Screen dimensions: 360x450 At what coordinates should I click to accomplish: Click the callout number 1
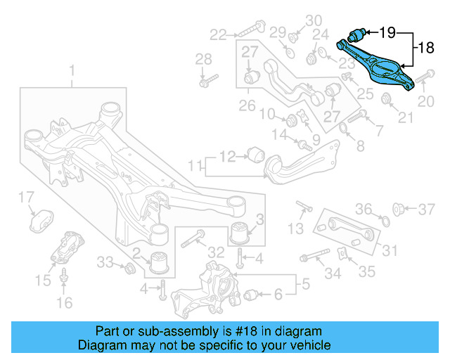pyautogui.click(x=71, y=70)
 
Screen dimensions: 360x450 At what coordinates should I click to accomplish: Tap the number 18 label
pyautogui.click(x=426, y=48)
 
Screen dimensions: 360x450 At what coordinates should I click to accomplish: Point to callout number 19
pyautogui.click(x=387, y=32)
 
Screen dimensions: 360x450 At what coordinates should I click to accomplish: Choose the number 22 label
pyautogui.click(x=219, y=33)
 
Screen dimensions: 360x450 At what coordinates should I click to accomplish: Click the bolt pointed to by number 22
pyautogui.click(x=250, y=30)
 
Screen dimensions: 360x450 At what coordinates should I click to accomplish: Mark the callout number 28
pyautogui.click(x=203, y=58)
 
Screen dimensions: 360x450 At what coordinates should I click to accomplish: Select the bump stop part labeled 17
pyautogui.click(x=42, y=219)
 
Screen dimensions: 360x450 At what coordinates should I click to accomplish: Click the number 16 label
pyautogui.click(x=64, y=303)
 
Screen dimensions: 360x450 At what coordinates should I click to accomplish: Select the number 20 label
pyautogui.click(x=427, y=101)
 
